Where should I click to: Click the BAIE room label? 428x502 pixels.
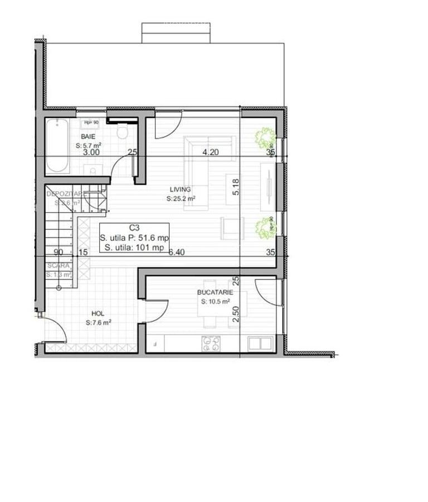[87, 136]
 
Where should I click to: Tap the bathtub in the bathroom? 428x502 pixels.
[57, 146]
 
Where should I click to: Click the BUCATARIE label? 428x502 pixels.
[215, 292]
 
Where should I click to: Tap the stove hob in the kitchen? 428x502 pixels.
[211, 342]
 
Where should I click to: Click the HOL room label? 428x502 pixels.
[98, 314]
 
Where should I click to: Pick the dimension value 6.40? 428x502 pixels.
[176, 252]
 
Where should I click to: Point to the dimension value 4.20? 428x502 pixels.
[211, 152]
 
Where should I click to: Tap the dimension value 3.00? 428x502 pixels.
[91, 152]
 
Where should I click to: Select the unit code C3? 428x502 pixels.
[134, 228]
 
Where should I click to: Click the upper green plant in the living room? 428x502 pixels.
[264, 137]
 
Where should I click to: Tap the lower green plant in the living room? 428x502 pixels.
[264, 228]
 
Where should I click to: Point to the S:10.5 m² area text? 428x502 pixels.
[215, 302]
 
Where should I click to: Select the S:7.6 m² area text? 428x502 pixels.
[99, 323]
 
